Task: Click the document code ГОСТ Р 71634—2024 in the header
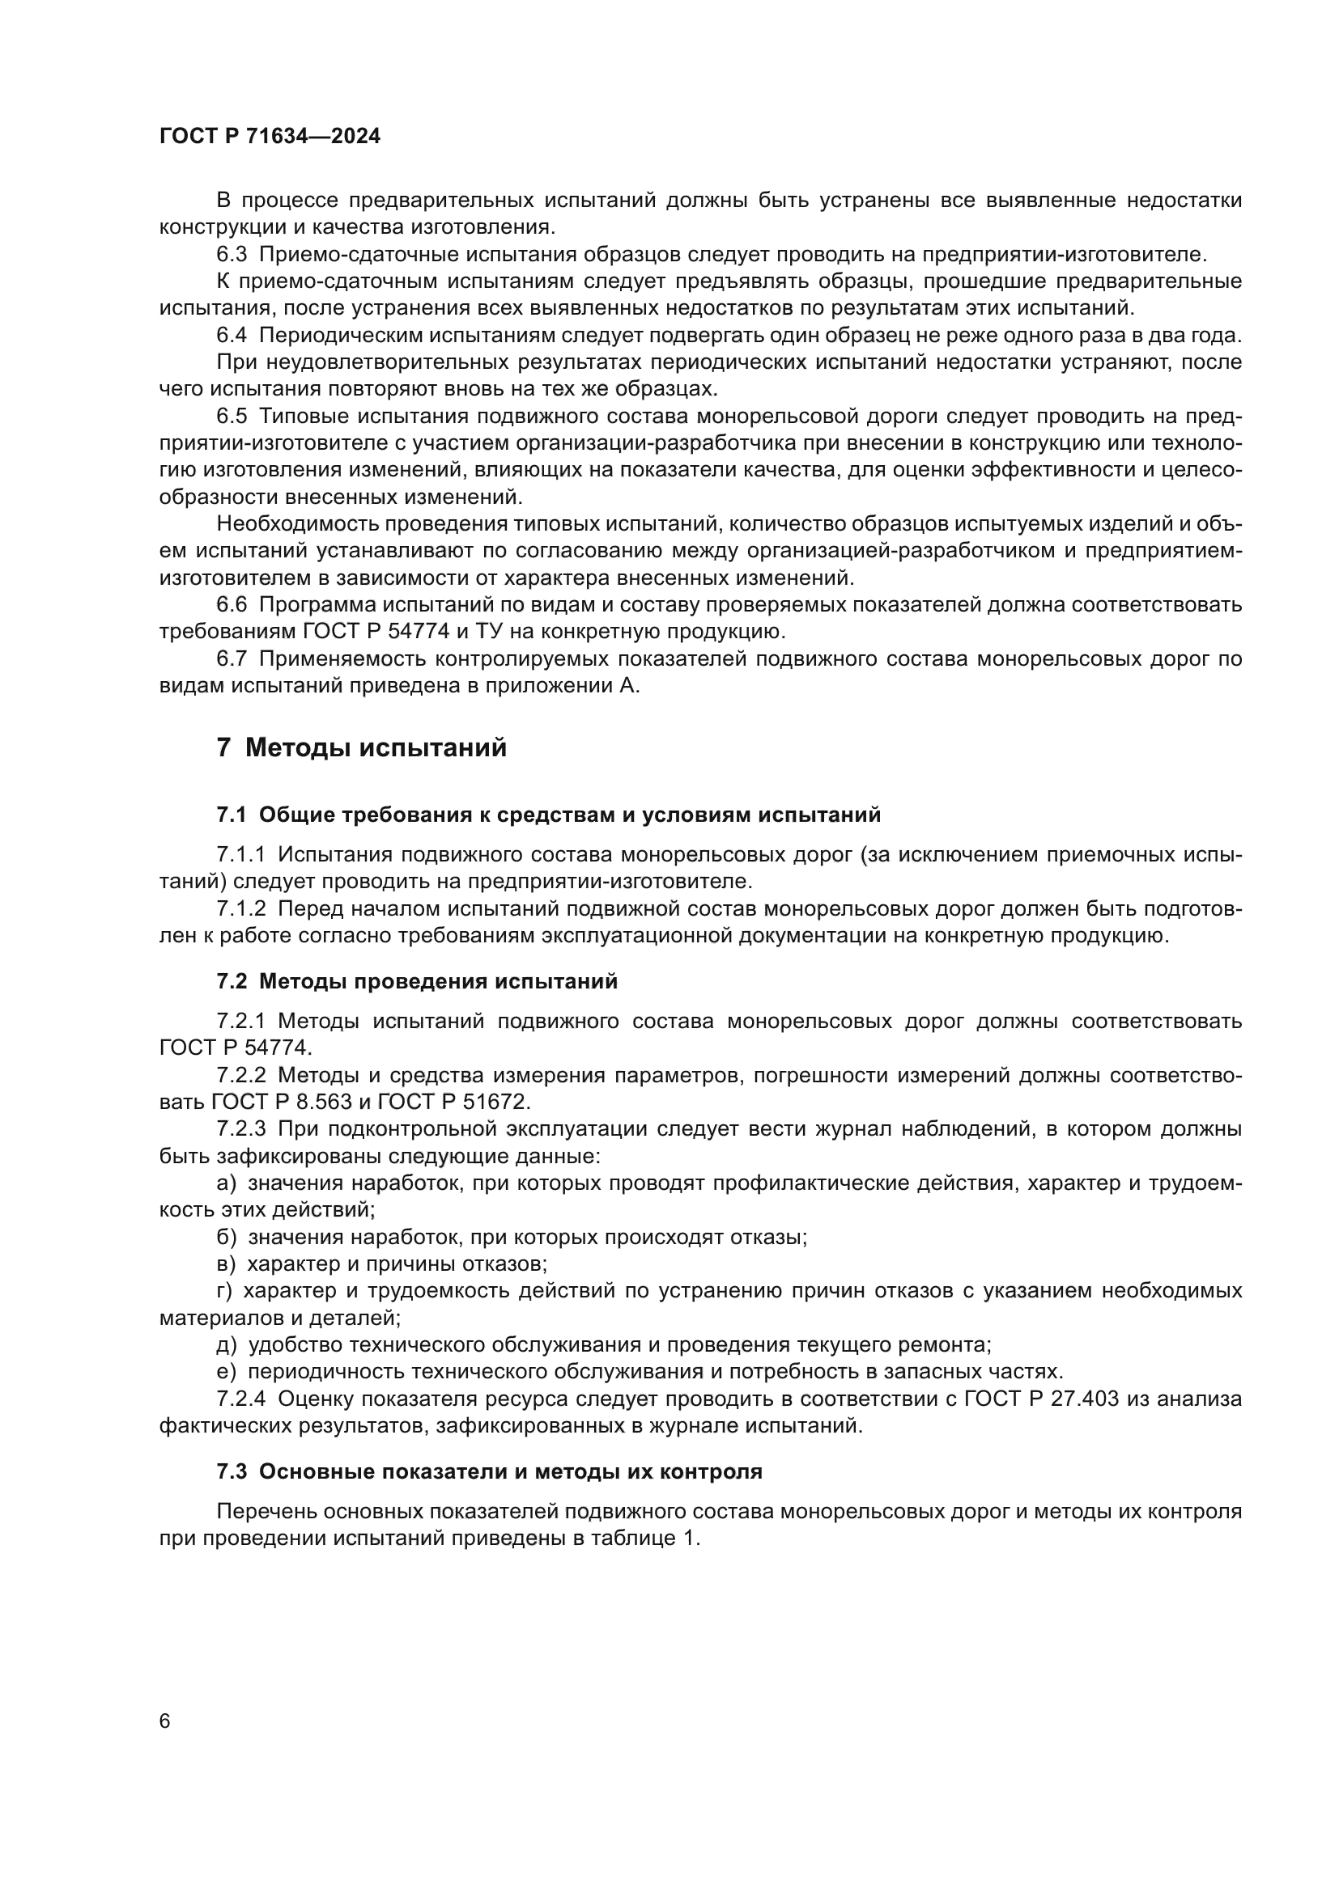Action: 270,137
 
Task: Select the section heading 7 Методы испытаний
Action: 361,748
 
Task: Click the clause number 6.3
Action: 232,254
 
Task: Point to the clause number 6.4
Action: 232,336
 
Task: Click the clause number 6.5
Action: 232,416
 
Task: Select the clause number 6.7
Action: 232,658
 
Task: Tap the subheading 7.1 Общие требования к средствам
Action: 548,815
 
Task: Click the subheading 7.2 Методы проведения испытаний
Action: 416,981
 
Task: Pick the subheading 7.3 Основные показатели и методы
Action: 489,1471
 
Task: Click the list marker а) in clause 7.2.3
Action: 226,1183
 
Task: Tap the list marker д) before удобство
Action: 227,1345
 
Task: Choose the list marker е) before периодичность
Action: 226,1372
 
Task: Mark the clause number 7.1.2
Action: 241,909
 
